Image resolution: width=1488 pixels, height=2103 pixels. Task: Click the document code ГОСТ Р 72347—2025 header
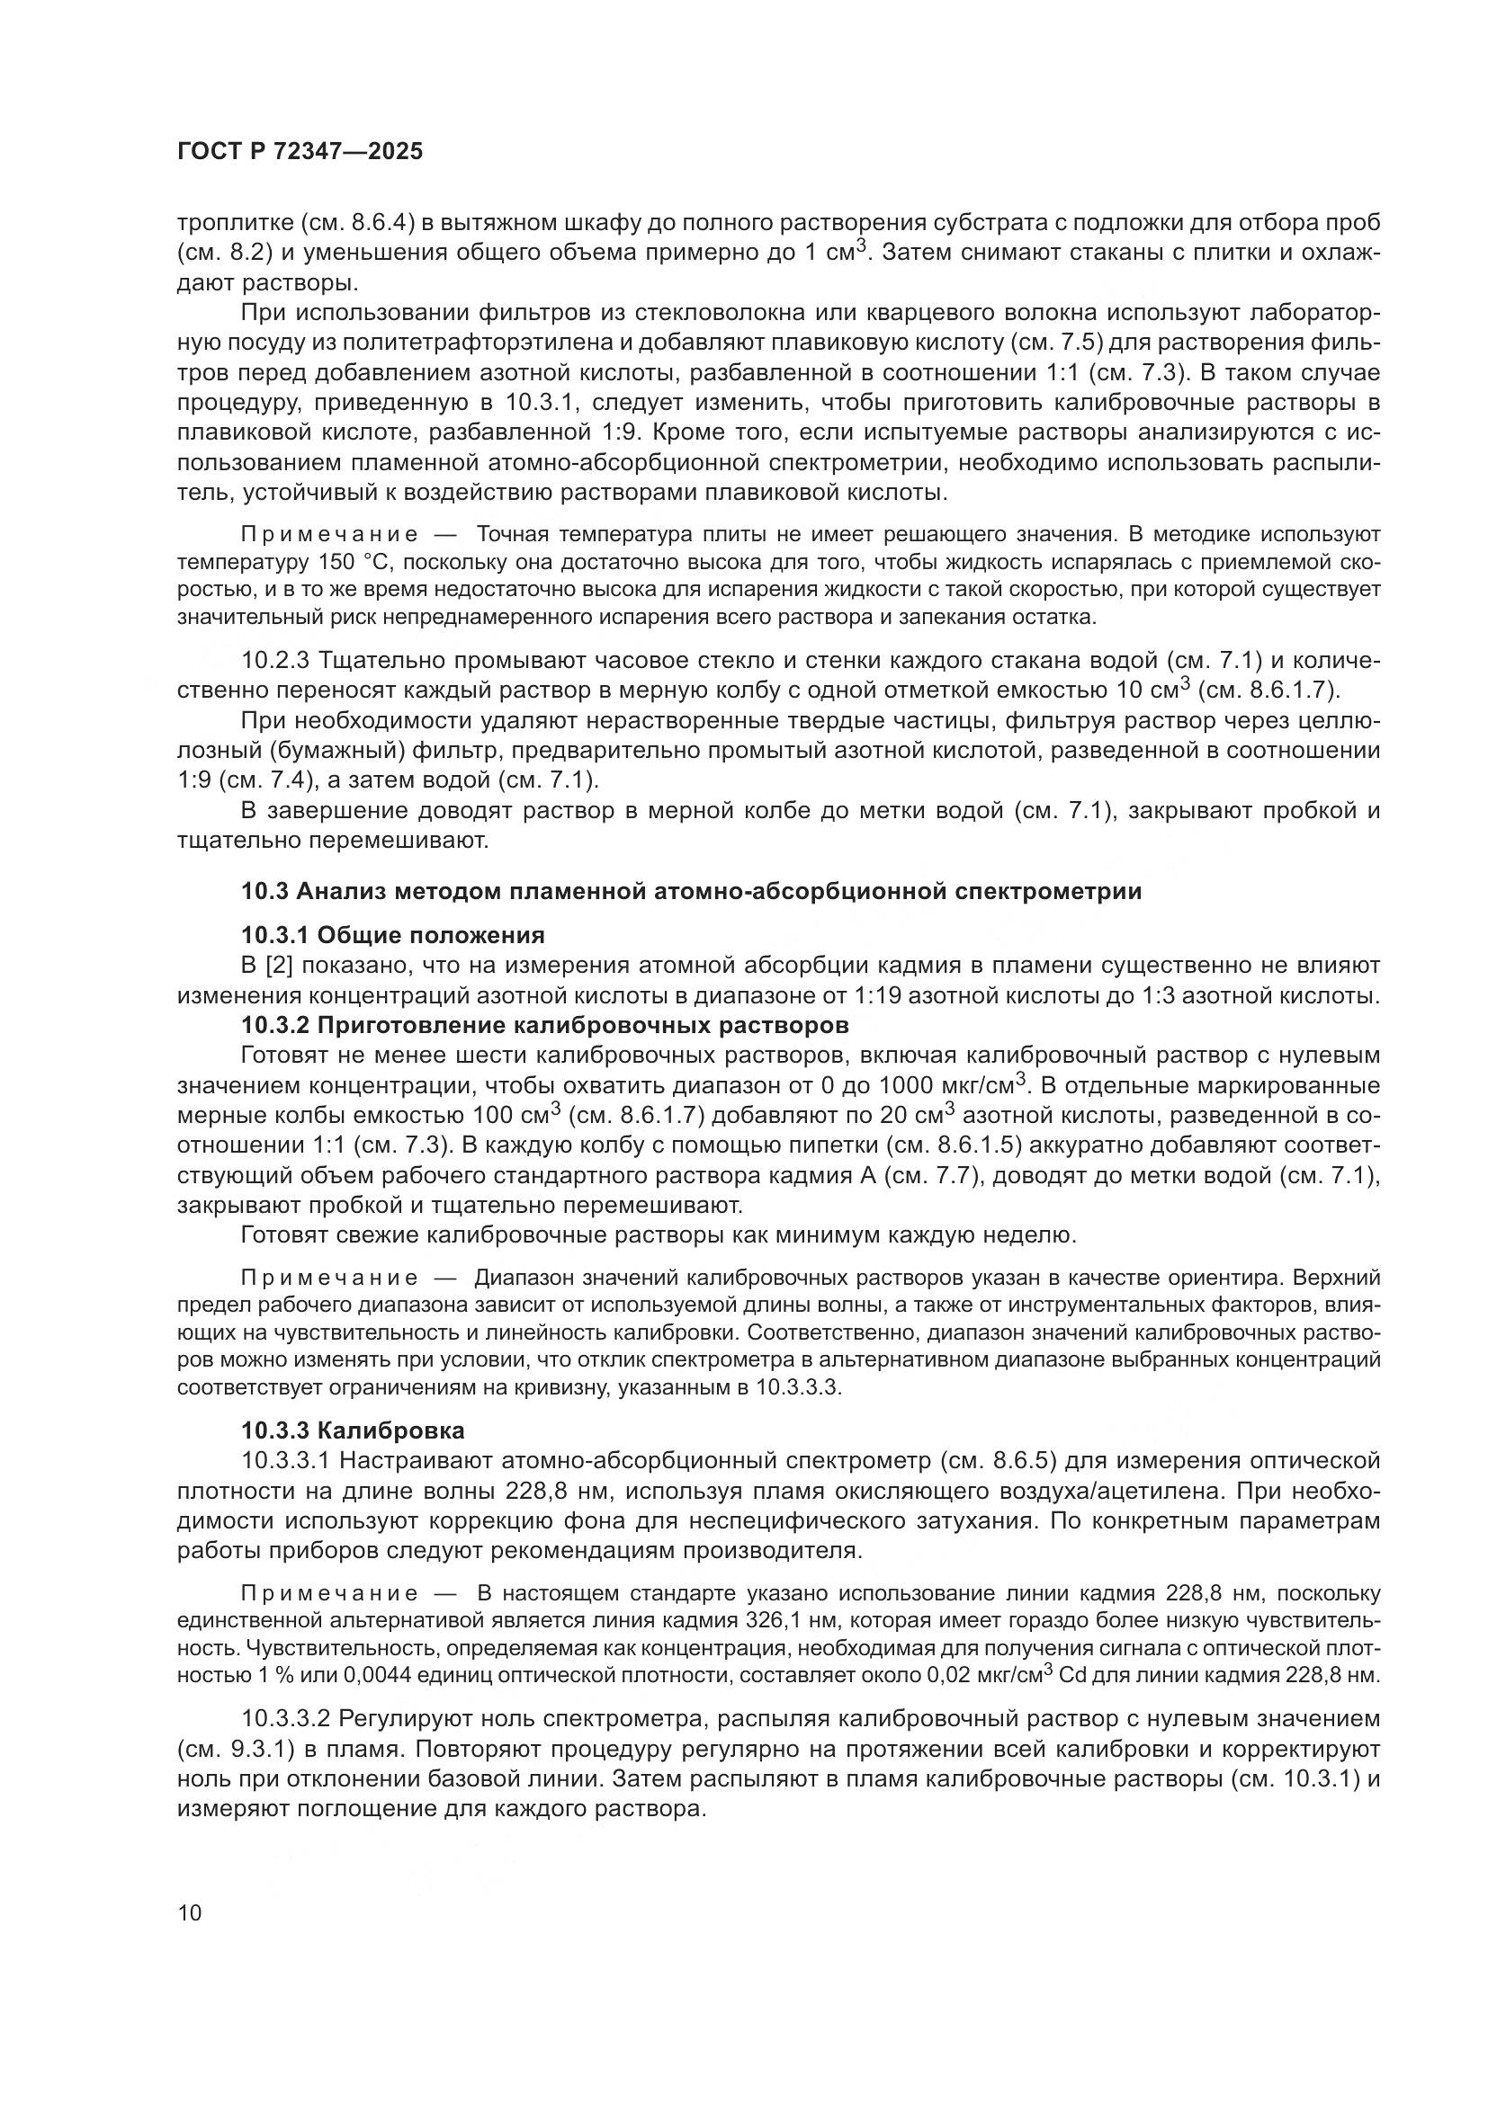click(300, 152)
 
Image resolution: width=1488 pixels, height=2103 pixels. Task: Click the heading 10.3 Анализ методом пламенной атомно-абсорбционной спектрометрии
click(691, 891)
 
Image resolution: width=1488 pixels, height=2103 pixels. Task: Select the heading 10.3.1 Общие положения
click(392, 935)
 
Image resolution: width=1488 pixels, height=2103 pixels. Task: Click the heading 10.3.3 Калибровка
click(353, 1430)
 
